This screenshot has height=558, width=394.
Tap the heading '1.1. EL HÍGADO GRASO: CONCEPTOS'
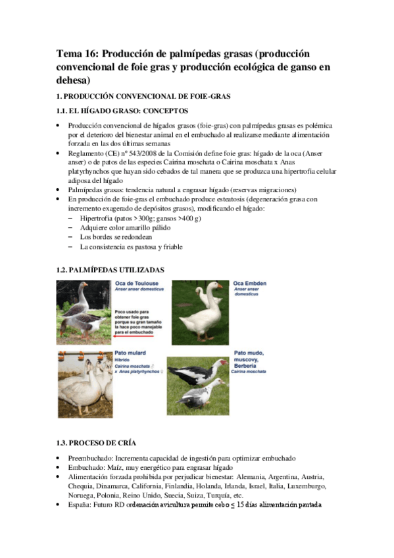pos(122,111)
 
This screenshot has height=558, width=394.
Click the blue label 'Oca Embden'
pos(249,283)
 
